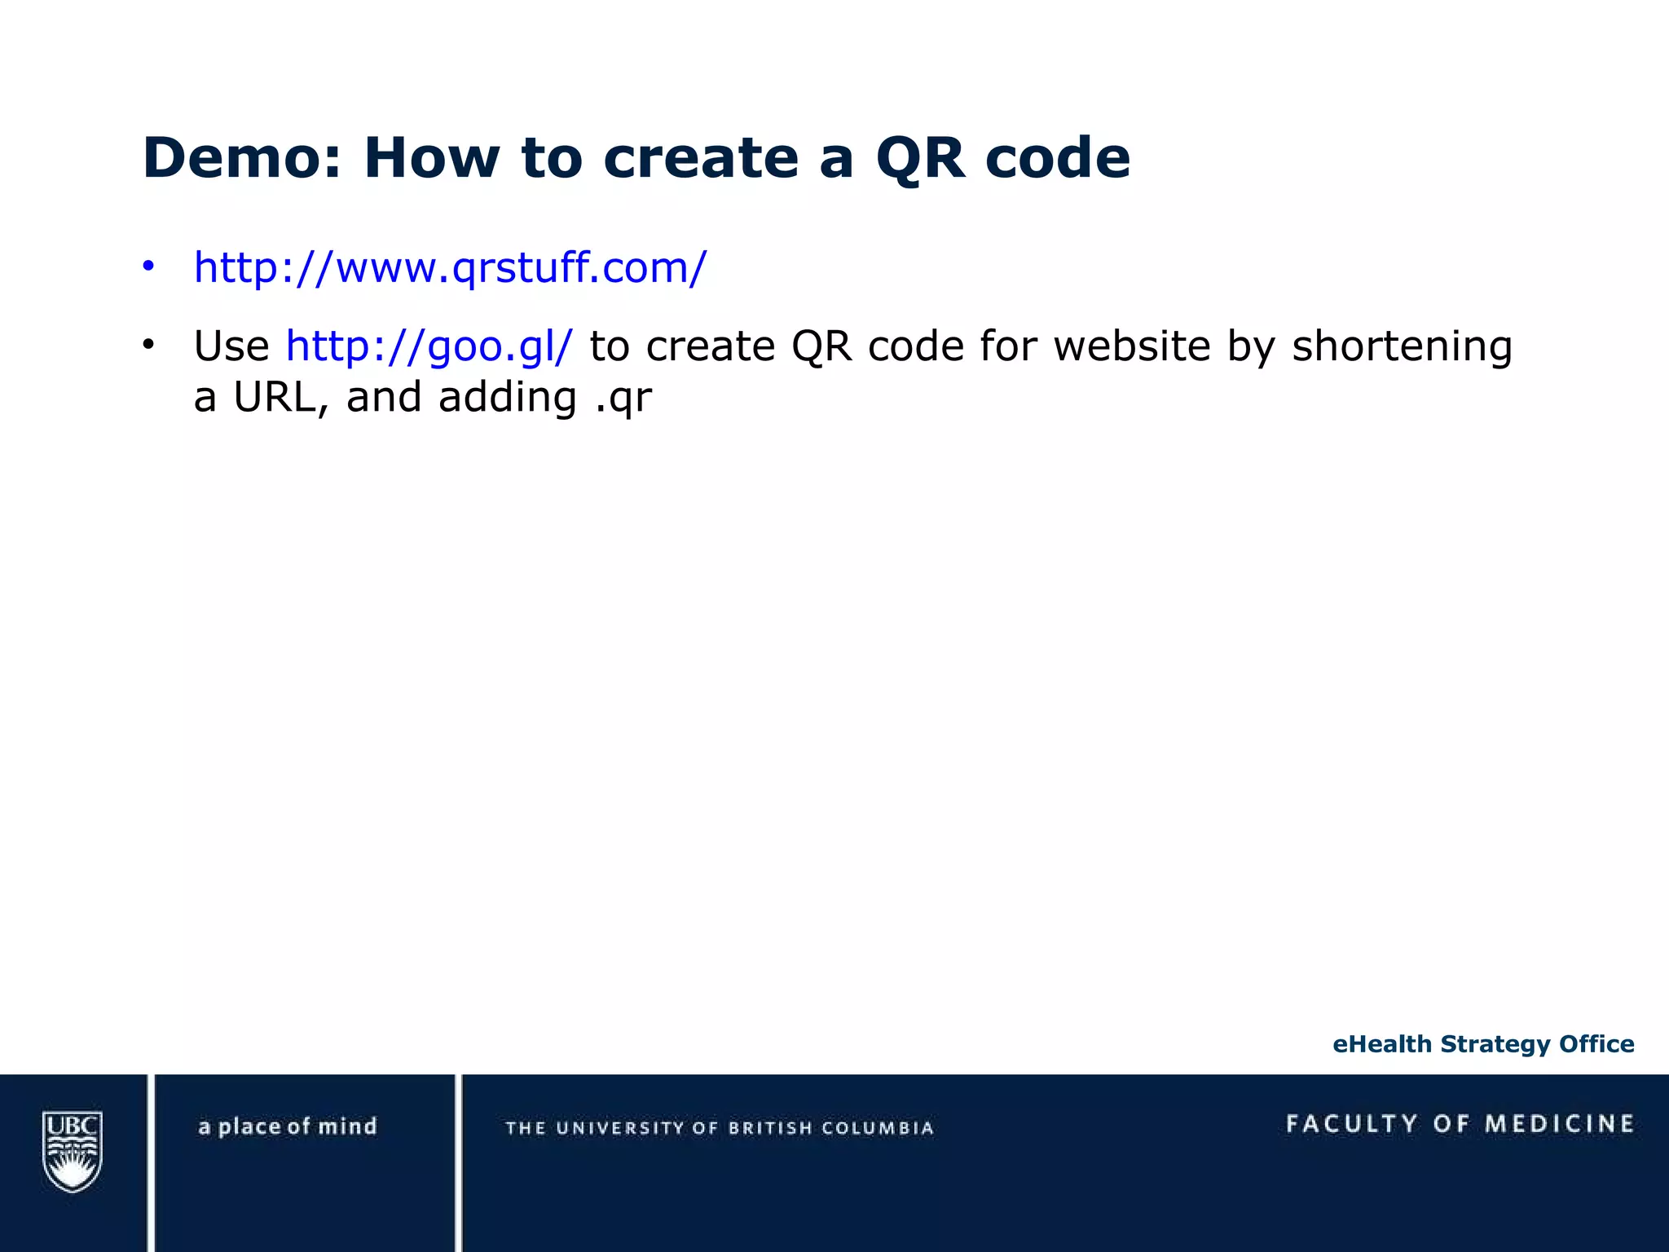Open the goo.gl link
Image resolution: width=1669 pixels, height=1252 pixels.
429,346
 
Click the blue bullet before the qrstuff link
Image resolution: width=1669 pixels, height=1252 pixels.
148,267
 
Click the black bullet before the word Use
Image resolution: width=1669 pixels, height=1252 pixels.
148,345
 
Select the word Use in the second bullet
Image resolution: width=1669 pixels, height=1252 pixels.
231,346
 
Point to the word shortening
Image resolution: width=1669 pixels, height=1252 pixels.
1402,346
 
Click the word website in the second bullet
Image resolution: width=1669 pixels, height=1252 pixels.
1132,346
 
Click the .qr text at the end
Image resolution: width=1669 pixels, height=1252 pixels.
623,398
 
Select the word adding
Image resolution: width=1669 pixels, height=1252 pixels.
507,398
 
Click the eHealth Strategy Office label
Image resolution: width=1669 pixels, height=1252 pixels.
1483,1044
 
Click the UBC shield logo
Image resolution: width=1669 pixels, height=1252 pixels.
73,1151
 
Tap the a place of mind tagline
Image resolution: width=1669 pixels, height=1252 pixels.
288,1126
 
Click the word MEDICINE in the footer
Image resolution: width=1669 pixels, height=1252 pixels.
1560,1124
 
